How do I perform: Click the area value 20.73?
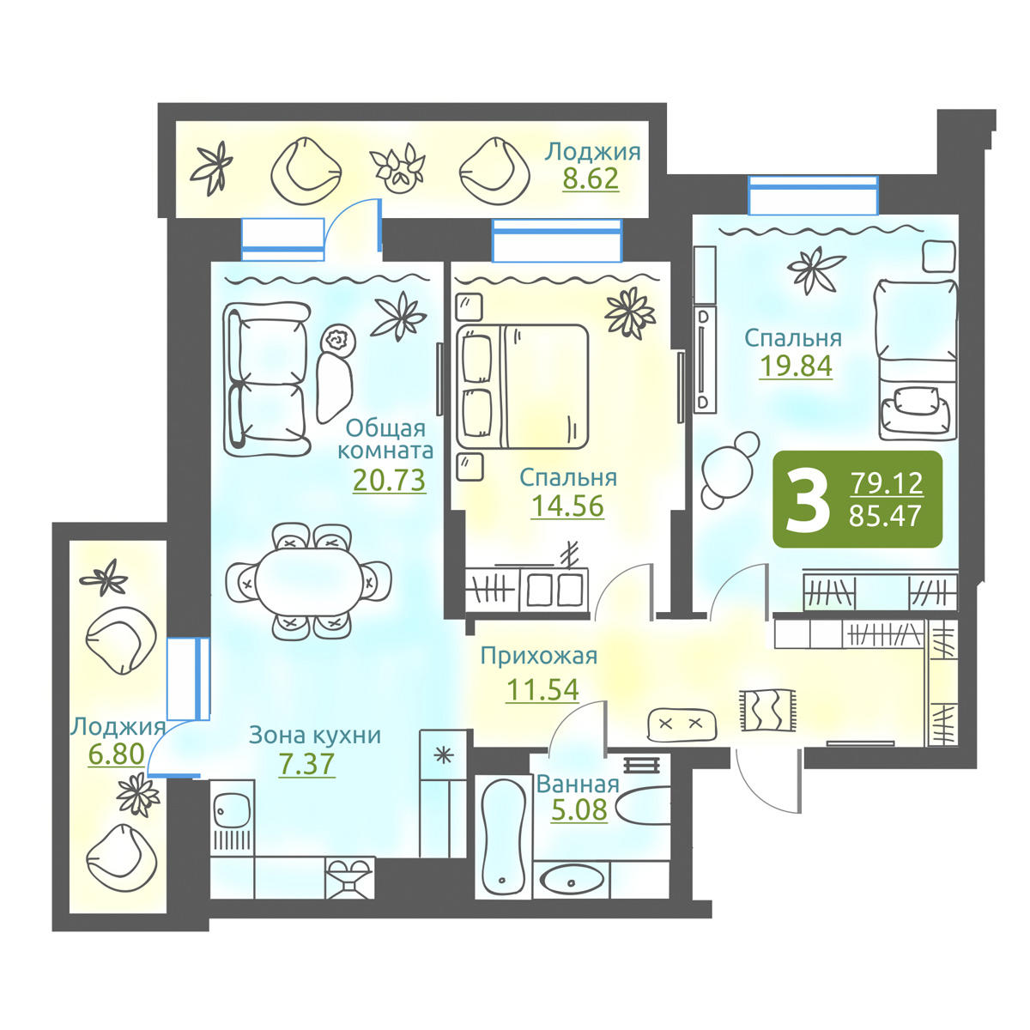(x=389, y=480)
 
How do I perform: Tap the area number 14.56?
(x=567, y=506)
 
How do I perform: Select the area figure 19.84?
(x=796, y=367)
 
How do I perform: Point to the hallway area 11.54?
(x=542, y=689)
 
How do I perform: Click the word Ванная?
(x=578, y=785)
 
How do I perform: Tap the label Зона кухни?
(x=315, y=736)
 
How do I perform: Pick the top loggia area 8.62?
(x=591, y=179)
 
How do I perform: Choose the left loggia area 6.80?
(x=117, y=754)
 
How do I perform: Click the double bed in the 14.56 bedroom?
(x=522, y=385)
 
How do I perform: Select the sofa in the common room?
(x=266, y=379)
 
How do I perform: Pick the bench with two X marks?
(x=681, y=724)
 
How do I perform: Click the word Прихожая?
(x=539, y=656)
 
